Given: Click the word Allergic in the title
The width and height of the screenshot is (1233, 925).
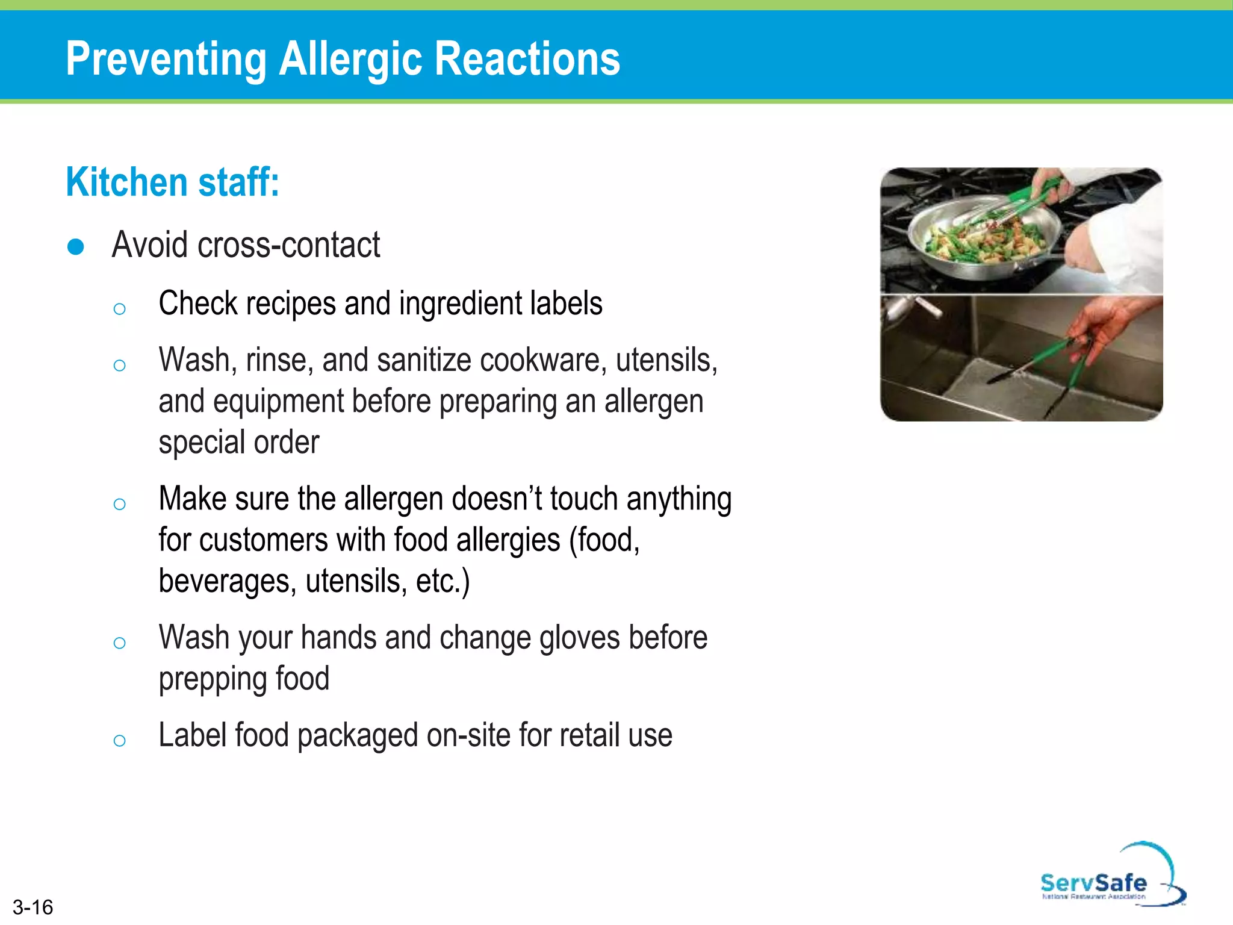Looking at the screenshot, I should tap(352, 59).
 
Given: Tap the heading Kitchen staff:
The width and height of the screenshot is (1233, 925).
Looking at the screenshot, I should tap(173, 182).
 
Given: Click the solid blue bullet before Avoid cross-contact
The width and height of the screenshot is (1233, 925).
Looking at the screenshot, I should tap(76, 247).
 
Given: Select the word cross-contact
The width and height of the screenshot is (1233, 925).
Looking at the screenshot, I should tap(289, 245).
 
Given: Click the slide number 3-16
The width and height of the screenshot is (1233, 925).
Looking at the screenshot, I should tap(33, 907).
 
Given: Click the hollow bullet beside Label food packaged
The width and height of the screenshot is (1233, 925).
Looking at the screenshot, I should tap(119, 740).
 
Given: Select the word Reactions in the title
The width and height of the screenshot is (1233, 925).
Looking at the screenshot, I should tap(527, 59).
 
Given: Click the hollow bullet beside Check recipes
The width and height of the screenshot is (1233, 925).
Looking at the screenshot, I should tap(119, 309).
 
